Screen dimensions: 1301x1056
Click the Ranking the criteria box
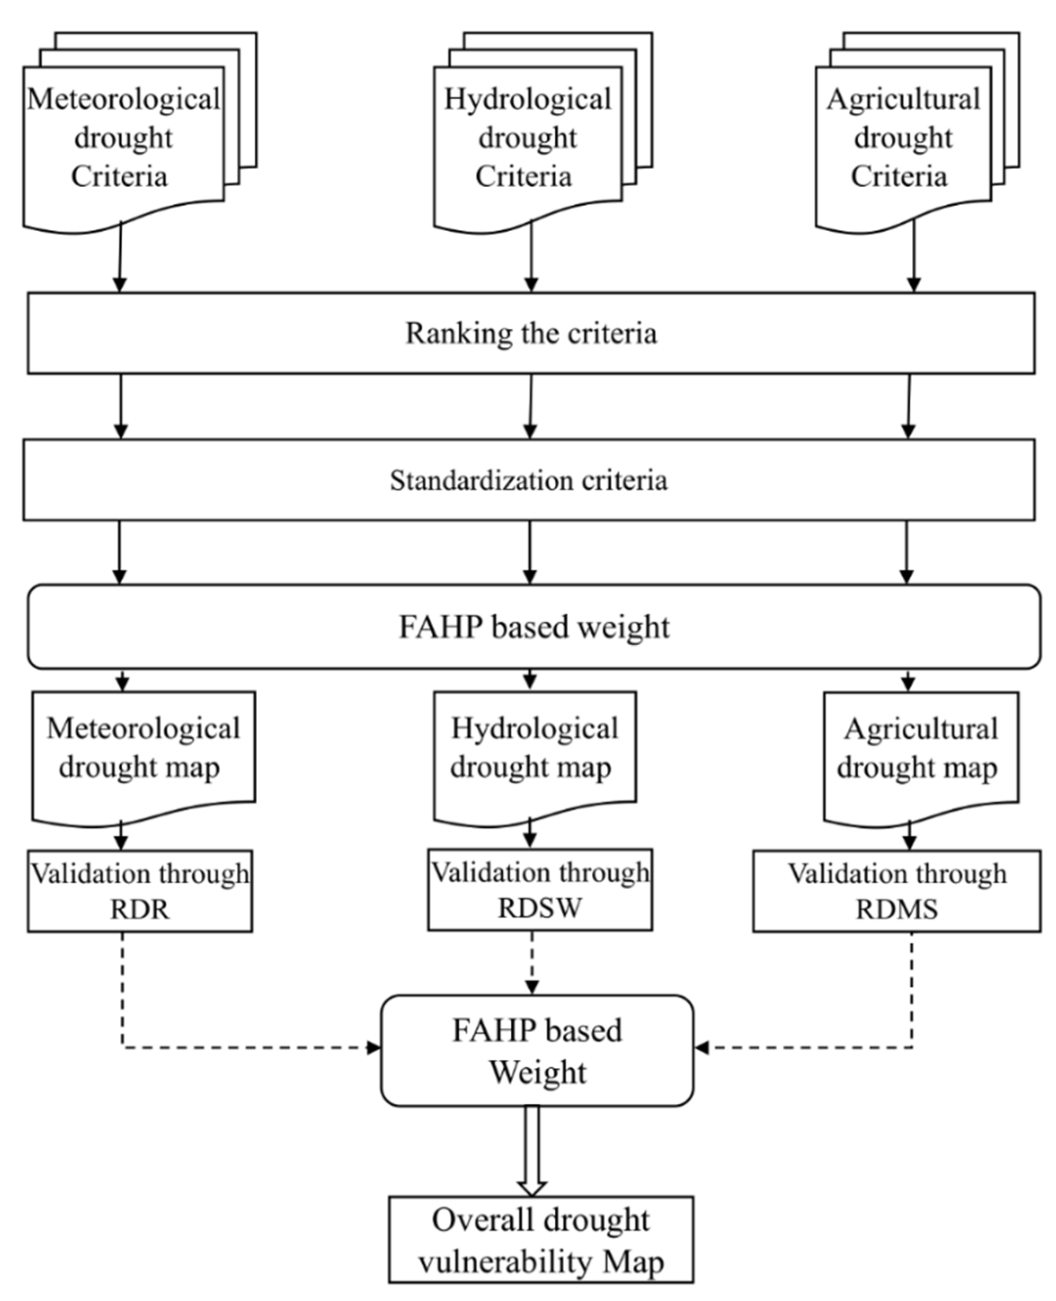[x=530, y=333]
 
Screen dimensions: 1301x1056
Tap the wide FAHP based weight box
[x=533, y=627]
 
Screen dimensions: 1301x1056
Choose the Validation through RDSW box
[x=540, y=890]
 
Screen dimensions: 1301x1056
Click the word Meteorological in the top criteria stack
[x=124, y=100]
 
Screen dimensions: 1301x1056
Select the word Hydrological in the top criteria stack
[x=528, y=100]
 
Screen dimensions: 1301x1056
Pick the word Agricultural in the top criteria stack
[x=903, y=100]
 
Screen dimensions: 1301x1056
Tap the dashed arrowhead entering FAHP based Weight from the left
[x=374, y=1047]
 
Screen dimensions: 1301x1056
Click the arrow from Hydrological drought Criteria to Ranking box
[x=531, y=255]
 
